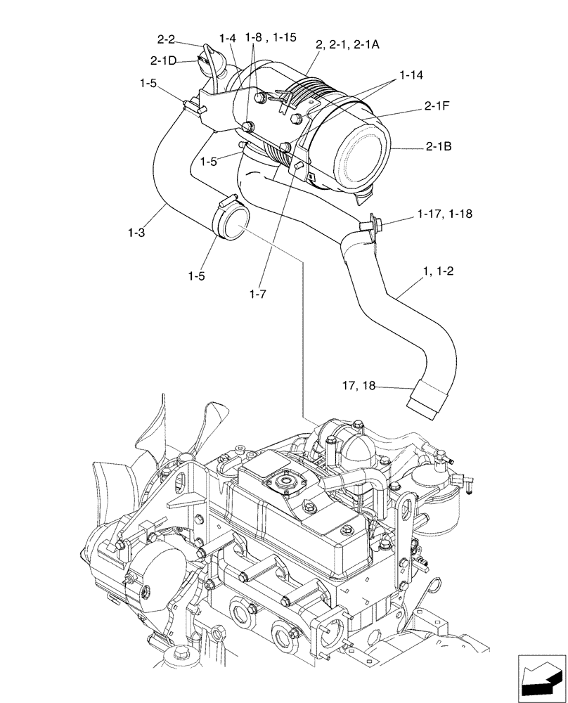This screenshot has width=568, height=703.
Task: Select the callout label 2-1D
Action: tap(163, 60)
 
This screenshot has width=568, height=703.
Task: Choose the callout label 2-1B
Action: tap(437, 148)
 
